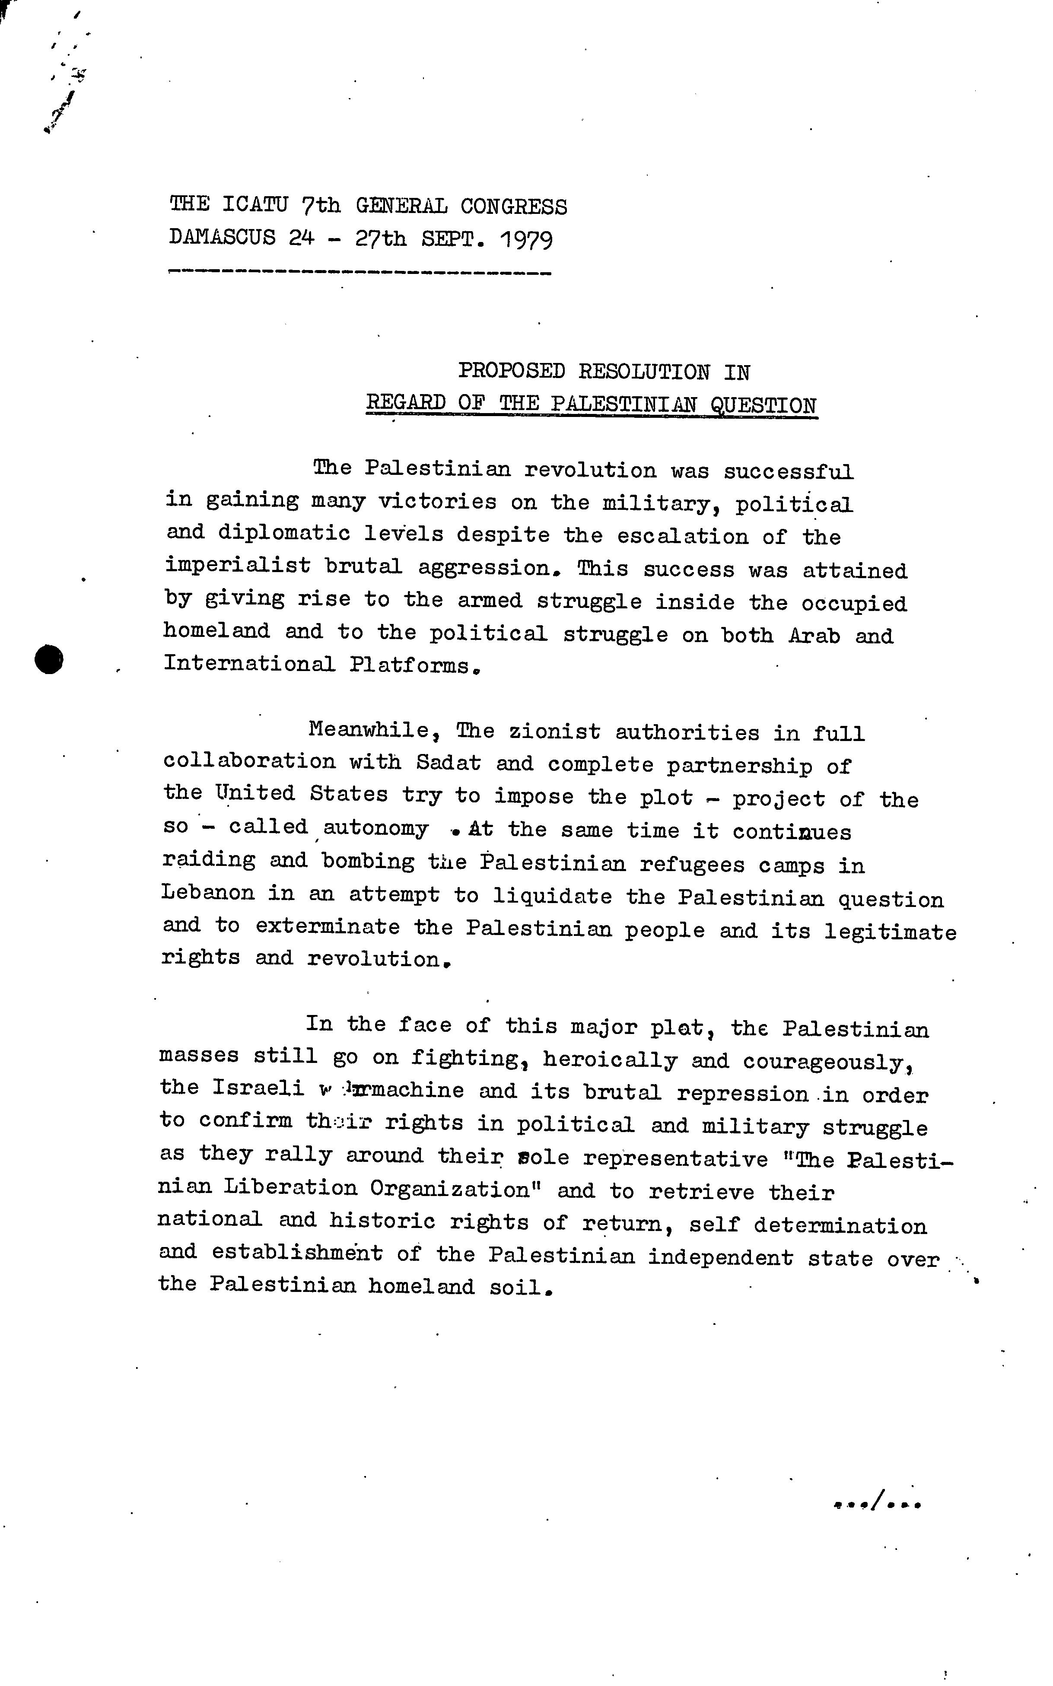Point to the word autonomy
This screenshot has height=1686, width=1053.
(375, 828)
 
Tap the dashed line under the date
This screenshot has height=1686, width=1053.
(359, 273)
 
